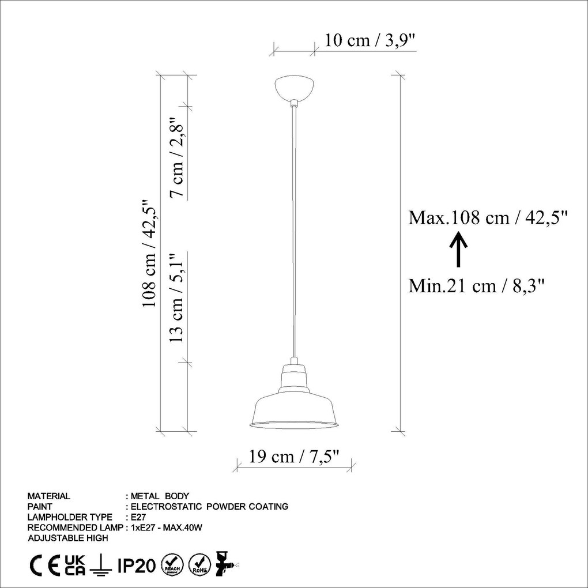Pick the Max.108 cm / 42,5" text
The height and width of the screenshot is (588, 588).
489,217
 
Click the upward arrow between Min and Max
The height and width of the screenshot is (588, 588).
458,250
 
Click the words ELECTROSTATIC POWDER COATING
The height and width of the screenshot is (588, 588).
210,507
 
